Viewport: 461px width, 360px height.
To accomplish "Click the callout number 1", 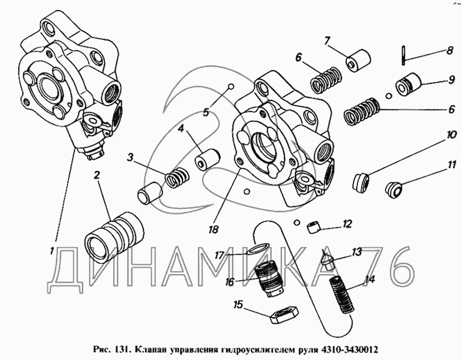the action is [52, 251].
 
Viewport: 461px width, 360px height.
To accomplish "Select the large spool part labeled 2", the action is [114, 235].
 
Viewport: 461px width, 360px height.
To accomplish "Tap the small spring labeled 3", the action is [177, 177].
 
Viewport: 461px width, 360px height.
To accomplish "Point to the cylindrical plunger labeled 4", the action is [208, 159].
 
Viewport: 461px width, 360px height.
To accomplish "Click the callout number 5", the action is [205, 112].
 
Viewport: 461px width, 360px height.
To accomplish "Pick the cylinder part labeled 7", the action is [358, 60].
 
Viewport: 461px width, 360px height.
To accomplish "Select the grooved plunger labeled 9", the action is [409, 84].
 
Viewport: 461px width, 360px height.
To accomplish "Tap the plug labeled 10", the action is [361, 183].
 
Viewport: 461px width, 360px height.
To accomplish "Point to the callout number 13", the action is [356, 252].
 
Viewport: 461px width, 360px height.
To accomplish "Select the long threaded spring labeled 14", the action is [342, 295].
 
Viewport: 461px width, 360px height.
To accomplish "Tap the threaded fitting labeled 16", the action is [268, 279].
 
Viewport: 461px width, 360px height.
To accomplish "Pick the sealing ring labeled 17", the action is [258, 248].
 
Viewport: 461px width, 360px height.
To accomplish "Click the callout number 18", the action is [214, 229].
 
